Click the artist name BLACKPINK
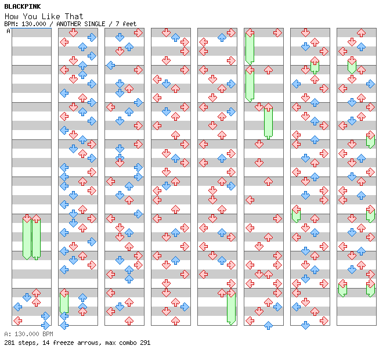(22, 6)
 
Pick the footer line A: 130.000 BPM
(28, 334)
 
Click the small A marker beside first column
(8, 31)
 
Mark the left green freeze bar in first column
(27, 237)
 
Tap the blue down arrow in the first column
(27, 297)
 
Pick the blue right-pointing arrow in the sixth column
(277, 307)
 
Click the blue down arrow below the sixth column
(268, 325)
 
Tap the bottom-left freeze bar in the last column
(342, 289)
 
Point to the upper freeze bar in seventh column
(315, 65)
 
